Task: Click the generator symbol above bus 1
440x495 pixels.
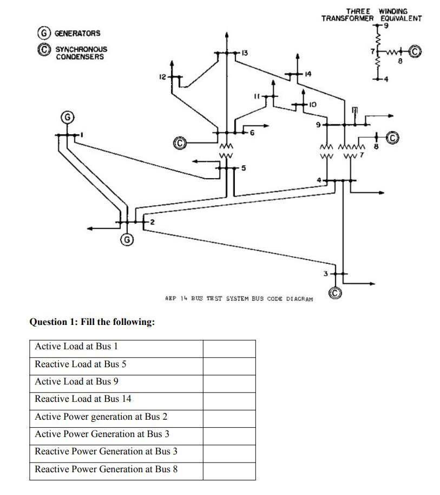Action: point(67,117)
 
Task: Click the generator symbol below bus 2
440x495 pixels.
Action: point(127,239)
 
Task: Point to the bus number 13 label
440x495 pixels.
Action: point(244,52)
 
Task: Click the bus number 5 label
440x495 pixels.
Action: point(244,168)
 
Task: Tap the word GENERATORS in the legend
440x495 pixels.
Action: point(77,34)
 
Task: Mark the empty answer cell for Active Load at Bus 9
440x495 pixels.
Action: point(229,382)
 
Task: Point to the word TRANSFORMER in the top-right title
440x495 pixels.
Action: point(347,18)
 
